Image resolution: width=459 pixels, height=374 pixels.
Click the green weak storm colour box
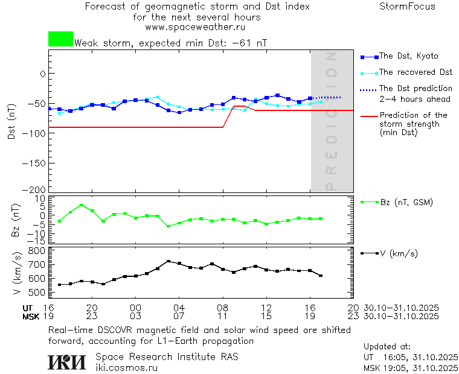tap(60, 39)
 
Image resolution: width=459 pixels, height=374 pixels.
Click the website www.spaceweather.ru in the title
tap(195, 27)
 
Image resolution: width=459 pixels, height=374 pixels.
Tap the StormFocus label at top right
tap(407, 7)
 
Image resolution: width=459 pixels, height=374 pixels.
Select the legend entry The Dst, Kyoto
tap(408, 56)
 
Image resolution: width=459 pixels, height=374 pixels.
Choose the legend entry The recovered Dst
tap(416, 72)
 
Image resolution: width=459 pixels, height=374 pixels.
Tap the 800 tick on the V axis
tap(37, 250)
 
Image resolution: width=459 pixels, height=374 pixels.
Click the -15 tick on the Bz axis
tap(39, 240)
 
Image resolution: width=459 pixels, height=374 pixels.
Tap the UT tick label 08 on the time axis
tap(223, 307)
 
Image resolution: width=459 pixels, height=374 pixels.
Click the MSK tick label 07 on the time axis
tap(179, 316)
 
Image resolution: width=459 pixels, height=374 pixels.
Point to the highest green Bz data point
tap(82, 205)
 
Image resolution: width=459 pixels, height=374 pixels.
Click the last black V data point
tap(321, 276)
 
